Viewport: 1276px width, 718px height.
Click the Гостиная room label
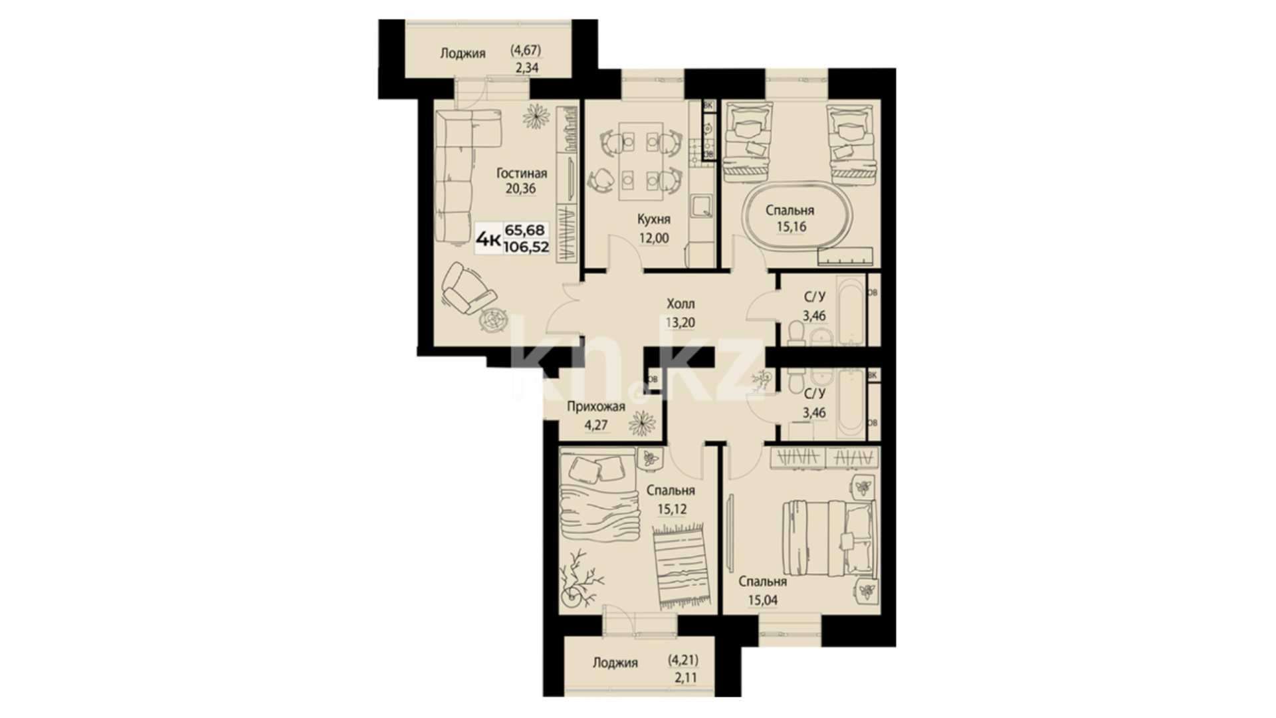pyautogui.click(x=522, y=174)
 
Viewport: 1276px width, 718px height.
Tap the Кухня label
pyautogui.click(x=653, y=219)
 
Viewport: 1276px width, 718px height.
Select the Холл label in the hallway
pyautogui.click(x=681, y=304)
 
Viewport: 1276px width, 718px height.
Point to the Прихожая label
pyautogui.click(x=595, y=407)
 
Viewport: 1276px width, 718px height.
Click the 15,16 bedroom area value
pyautogui.click(x=791, y=227)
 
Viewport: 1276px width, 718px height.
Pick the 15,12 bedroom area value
pyautogui.click(x=672, y=509)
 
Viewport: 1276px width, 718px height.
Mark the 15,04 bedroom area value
pyautogui.click(x=762, y=600)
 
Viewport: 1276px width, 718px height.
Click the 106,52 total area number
pyautogui.click(x=526, y=247)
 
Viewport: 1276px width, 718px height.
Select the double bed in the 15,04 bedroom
pyautogui.click(x=829, y=538)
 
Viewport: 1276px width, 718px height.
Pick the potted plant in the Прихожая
pyautogui.click(x=642, y=423)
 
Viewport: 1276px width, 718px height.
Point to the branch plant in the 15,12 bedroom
pyautogui.click(x=580, y=578)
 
